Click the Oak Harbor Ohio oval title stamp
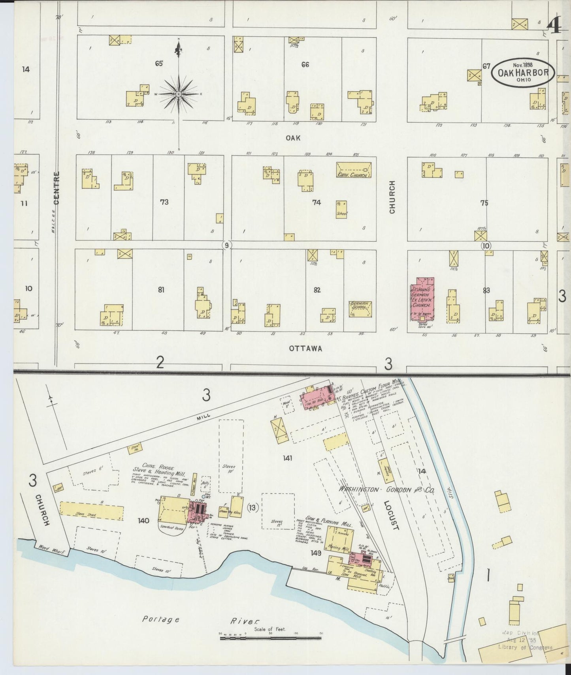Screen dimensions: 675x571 tap(523, 72)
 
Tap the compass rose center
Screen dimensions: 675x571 tap(179, 94)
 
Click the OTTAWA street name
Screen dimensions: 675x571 tap(305, 349)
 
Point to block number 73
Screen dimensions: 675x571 tap(164, 202)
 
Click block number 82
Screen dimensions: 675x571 tap(317, 290)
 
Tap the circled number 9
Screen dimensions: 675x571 tap(226, 246)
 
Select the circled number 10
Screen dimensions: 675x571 tap(486, 246)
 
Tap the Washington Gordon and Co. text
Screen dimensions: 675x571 tap(386, 490)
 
